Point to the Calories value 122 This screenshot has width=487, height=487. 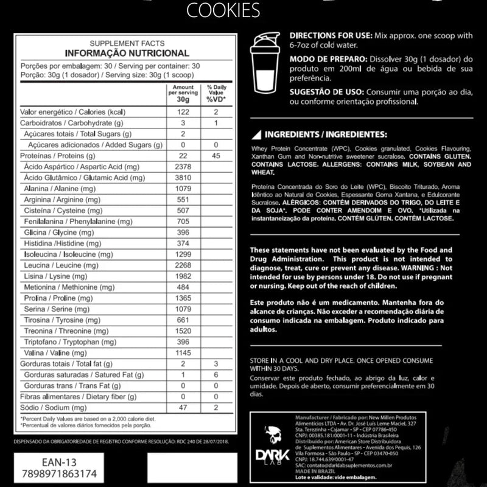182,113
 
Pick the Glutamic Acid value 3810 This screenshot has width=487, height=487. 182,177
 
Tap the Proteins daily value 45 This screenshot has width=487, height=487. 215,156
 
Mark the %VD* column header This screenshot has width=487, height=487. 215,99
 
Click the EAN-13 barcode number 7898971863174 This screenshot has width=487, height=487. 57,472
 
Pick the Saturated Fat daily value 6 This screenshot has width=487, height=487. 215,374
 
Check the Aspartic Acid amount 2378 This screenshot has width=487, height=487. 182,167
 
